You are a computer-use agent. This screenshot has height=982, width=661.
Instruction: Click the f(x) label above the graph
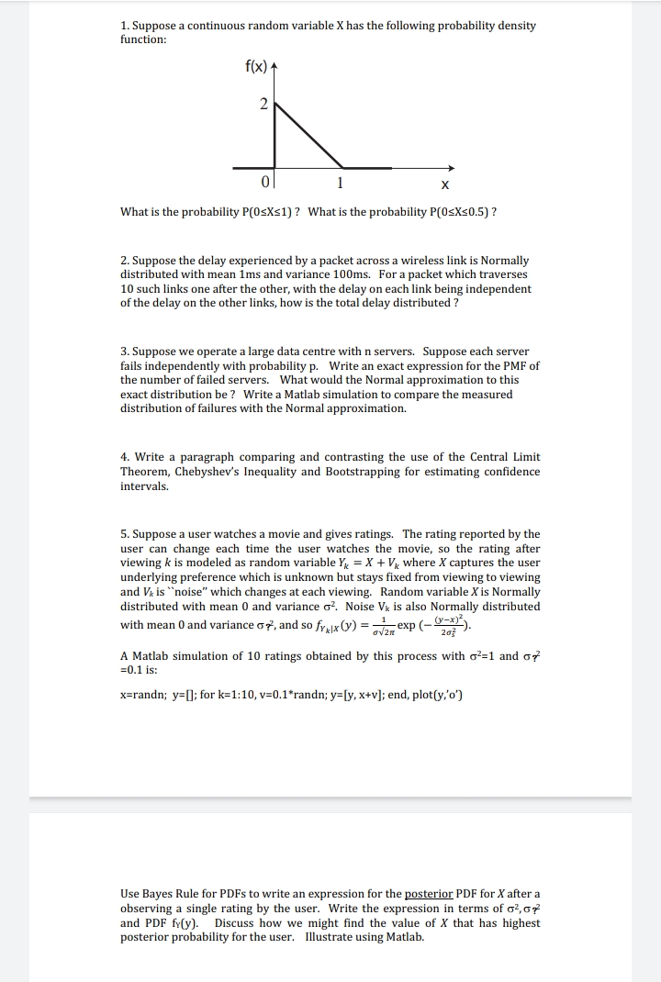coord(256,66)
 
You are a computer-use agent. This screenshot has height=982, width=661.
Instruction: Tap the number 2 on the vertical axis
coord(263,104)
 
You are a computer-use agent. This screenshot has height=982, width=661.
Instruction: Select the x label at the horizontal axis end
coord(445,184)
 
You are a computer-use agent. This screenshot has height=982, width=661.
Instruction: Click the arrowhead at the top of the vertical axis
coord(274,66)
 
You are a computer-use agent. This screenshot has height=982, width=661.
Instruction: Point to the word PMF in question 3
coord(522,365)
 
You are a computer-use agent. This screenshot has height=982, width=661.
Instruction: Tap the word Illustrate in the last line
coord(337,937)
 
